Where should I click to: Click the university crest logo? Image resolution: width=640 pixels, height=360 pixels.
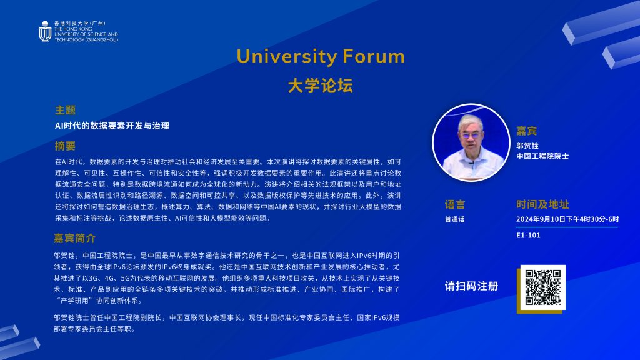(x=45, y=31)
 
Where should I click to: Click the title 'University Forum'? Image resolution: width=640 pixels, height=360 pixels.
(x=321, y=56)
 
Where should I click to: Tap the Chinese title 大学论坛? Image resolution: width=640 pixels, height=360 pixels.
(x=320, y=86)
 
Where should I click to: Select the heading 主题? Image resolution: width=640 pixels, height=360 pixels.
(x=65, y=110)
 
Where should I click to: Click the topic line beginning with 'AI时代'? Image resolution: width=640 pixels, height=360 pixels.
(x=112, y=126)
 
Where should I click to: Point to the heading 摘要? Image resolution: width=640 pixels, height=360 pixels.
(x=65, y=146)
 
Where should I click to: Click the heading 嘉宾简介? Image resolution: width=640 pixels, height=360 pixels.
(x=75, y=238)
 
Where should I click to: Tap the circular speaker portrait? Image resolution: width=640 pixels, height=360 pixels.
(x=471, y=142)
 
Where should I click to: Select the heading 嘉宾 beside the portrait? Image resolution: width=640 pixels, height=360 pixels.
(x=526, y=131)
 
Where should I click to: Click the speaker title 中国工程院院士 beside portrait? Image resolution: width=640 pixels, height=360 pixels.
(x=542, y=156)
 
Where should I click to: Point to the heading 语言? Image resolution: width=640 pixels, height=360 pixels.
(x=455, y=204)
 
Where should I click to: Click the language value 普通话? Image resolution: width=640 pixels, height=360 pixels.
(x=455, y=219)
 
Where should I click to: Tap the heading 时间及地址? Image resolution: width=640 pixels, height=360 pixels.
(x=542, y=204)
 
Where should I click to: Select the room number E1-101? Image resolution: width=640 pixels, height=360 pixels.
(x=528, y=235)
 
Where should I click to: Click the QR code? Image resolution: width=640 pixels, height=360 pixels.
(x=543, y=287)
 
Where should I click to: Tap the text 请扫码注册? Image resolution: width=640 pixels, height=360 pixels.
(x=471, y=286)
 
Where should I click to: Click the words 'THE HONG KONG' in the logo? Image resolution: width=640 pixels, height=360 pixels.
(x=74, y=29)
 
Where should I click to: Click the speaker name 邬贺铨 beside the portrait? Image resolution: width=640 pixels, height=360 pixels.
(x=527, y=145)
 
